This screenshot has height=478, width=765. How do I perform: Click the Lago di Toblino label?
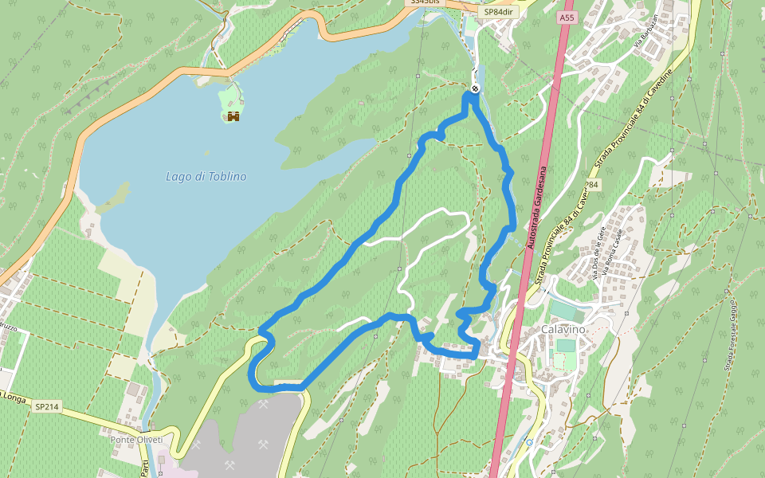pos(206,177)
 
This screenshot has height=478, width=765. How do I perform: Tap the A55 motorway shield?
pos(566,18)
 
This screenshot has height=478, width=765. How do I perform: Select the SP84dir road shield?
pos(498,12)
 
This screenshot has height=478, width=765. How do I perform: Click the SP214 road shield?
pos(45,406)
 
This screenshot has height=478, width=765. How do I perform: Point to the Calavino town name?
pos(563,329)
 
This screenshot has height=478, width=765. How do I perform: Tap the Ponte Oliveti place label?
pos(136,440)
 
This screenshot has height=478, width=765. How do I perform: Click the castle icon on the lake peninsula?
pos(233,116)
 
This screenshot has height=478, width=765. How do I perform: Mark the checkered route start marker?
pos(474,88)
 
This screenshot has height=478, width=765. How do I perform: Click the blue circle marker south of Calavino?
pos(529,441)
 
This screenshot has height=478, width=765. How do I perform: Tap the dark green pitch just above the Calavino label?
pos(565,311)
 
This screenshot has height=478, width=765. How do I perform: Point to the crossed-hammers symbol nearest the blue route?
pos(264,405)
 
